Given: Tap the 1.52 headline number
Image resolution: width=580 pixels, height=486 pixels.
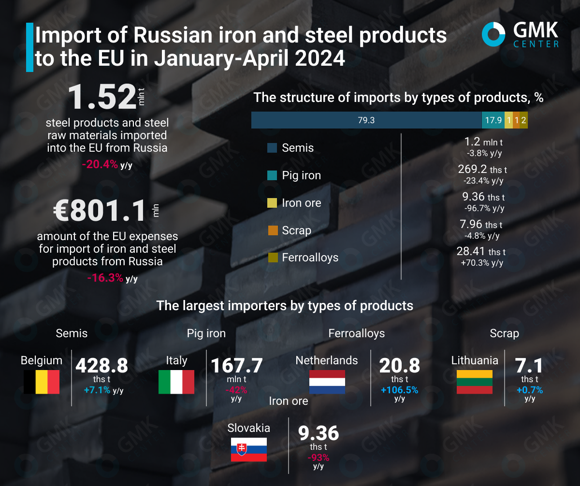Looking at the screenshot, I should pyautogui.click(x=102, y=97).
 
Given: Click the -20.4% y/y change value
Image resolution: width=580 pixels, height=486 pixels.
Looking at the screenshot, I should pyautogui.click(x=100, y=164).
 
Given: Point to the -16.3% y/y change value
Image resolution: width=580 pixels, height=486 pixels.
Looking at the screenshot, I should pyautogui.click(x=105, y=278).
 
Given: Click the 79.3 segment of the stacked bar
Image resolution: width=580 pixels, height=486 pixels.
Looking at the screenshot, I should pyautogui.click(x=366, y=120).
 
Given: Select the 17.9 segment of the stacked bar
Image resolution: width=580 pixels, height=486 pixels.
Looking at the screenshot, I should pyautogui.click(x=493, y=120).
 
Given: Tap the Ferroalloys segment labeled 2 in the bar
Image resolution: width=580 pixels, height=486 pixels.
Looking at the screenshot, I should pyautogui.click(x=523, y=120).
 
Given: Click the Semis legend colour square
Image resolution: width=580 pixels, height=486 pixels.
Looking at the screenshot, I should pyautogui.click(x=272, y=148).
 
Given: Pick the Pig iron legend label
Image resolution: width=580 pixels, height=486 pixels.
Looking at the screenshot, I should pyautogui.click(x=301, y=175).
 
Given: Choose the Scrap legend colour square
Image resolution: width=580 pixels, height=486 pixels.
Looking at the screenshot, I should pyautogui.click(x=272, y=230).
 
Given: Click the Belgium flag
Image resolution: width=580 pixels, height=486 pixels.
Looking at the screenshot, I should pyautogui.click(x=42, y=382).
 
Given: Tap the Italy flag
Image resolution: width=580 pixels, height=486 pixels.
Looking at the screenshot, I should pyautogui.click(x=176, y=382).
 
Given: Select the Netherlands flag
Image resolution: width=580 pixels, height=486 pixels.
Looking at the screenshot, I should pyautogui.click(x=327, y=382).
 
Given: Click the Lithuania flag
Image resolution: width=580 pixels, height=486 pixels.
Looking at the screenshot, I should pyautogui.click(x=475, y=382).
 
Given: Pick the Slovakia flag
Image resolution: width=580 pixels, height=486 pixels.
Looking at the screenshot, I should pyautogui.click(x=248, y=449).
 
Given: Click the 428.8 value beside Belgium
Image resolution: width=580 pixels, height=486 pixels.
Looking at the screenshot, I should pyautogui.click(x=101, y=366).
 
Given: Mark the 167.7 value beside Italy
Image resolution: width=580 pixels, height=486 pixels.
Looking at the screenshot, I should pyautogui.click(x=237, y=366).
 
